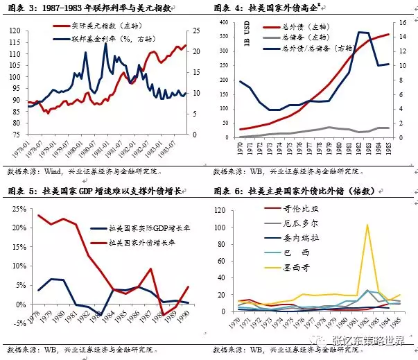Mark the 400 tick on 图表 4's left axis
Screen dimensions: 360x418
pos(223,22)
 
